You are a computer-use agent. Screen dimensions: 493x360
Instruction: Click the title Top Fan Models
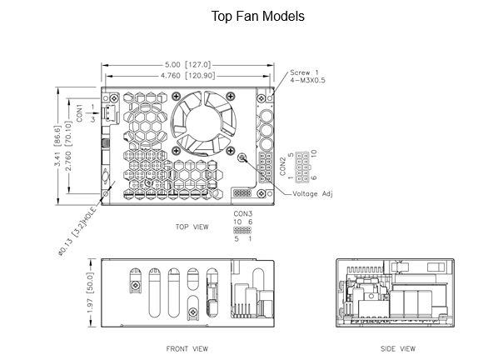(x=257, y=17)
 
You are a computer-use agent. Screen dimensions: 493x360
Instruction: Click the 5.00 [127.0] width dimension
(x=187, y=65)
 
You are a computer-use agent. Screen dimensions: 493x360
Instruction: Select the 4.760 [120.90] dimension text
(x=187, y=76)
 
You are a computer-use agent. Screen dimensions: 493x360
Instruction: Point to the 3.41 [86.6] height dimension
(x=57, y=146)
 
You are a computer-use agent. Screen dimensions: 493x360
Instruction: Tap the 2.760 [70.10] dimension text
(x=67, y=146)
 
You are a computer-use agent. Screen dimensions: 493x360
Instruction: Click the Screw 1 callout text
(x=304, y=72)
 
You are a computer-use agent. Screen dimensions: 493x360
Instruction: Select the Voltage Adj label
(x=312, y=194)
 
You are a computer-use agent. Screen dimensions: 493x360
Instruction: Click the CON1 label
(x=79, y=113)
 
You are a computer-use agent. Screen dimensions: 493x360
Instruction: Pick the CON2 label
(x=282, y=167)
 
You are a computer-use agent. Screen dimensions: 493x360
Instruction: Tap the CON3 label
(x=242, y=213)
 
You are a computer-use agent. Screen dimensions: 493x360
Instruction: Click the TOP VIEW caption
(x=192, y=227)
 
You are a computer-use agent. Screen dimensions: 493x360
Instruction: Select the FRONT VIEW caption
(x=187, y=348)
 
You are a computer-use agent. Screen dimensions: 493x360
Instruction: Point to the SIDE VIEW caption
(x=398, y=348)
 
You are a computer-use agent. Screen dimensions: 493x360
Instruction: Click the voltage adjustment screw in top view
(x=242, y=157)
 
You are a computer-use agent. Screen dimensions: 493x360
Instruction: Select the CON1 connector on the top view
(x=110, y=113)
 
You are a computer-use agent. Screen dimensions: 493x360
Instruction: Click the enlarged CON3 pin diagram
(x=242, y=230)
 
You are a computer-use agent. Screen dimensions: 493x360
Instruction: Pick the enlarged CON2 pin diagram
(x=302, y=167)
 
